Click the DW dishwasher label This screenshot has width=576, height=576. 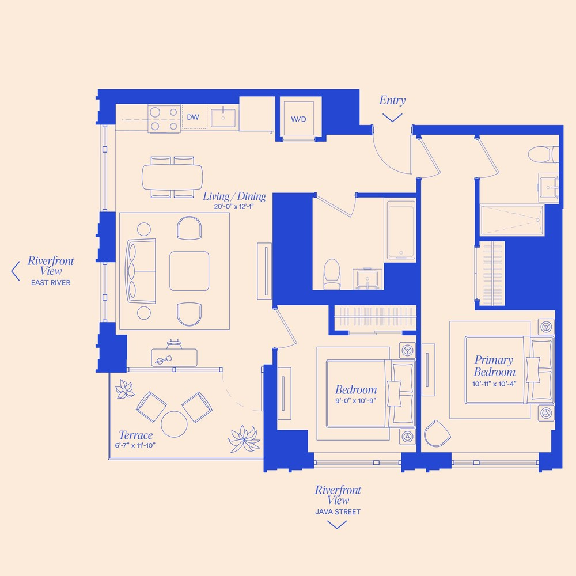[193, 118]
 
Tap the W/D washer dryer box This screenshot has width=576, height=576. [298, 119]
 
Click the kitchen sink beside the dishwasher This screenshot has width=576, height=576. [223, 118]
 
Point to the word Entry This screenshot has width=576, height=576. [392, 101]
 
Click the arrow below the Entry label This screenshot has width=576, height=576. [392, 118]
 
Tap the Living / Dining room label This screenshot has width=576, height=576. [234, 196]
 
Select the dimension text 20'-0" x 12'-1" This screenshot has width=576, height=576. [234, 207]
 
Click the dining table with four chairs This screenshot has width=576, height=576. [173, 177]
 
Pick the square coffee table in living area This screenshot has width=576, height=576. [189, 271]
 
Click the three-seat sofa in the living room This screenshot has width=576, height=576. [140, 271]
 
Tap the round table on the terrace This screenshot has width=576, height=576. [175, 424]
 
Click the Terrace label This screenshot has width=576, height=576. [135, 435]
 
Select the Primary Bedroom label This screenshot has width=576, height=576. [494, 366]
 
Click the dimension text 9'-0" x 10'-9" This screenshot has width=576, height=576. [356, 401]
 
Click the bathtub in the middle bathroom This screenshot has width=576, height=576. [401, 230]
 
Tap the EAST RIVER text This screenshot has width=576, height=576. [51, 283]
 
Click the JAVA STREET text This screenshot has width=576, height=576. [338, 511]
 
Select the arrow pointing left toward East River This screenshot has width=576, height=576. [16, 271]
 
